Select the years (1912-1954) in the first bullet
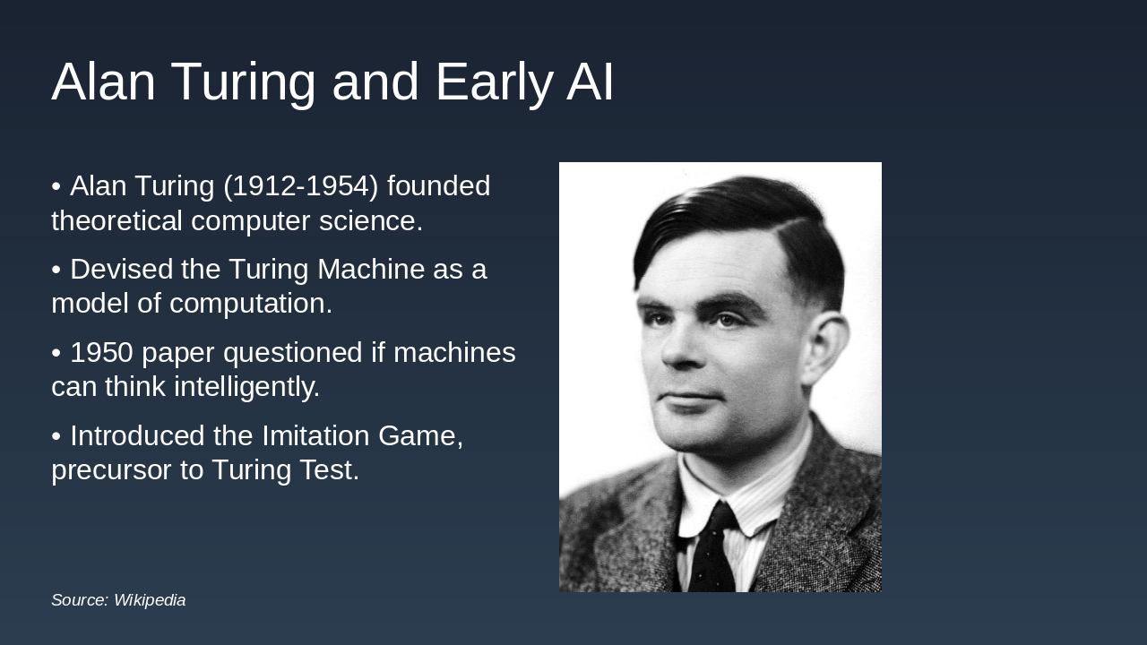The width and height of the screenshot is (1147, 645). pyautogui.click(x=301, y=186)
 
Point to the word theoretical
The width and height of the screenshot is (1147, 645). pyautogui.click(x=116, y=220)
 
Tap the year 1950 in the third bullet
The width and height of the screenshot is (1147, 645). pyautogui.click(x=101, y=353)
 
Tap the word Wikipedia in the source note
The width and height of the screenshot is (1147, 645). pyautogui.click(x=150, y=600)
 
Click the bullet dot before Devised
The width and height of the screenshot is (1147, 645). pyautogui.click(x=56, y=270)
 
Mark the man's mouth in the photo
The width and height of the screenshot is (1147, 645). pyautogui.click(x=692, y=397)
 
